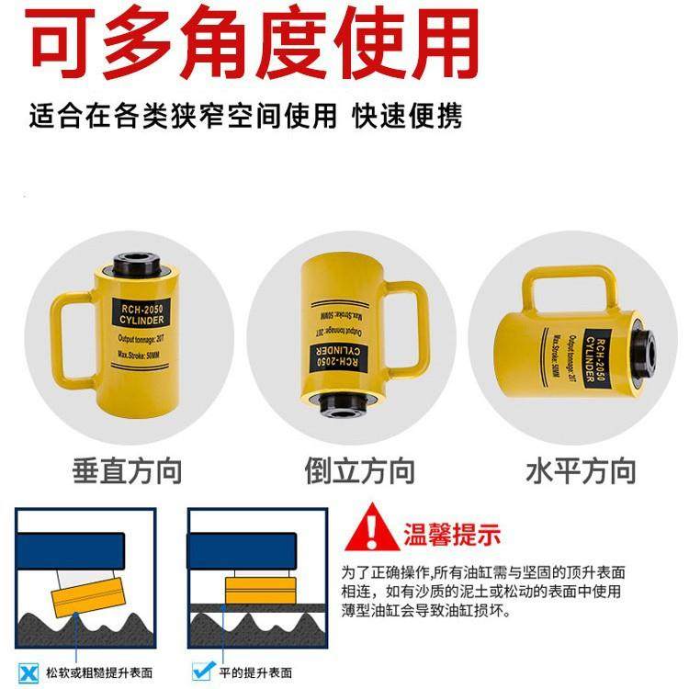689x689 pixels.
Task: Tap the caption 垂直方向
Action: pos(127,472)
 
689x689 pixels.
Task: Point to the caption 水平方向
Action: pos(581,472)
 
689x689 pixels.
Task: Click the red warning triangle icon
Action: pos(374,530)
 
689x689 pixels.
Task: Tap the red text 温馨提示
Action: pos(452,533)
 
